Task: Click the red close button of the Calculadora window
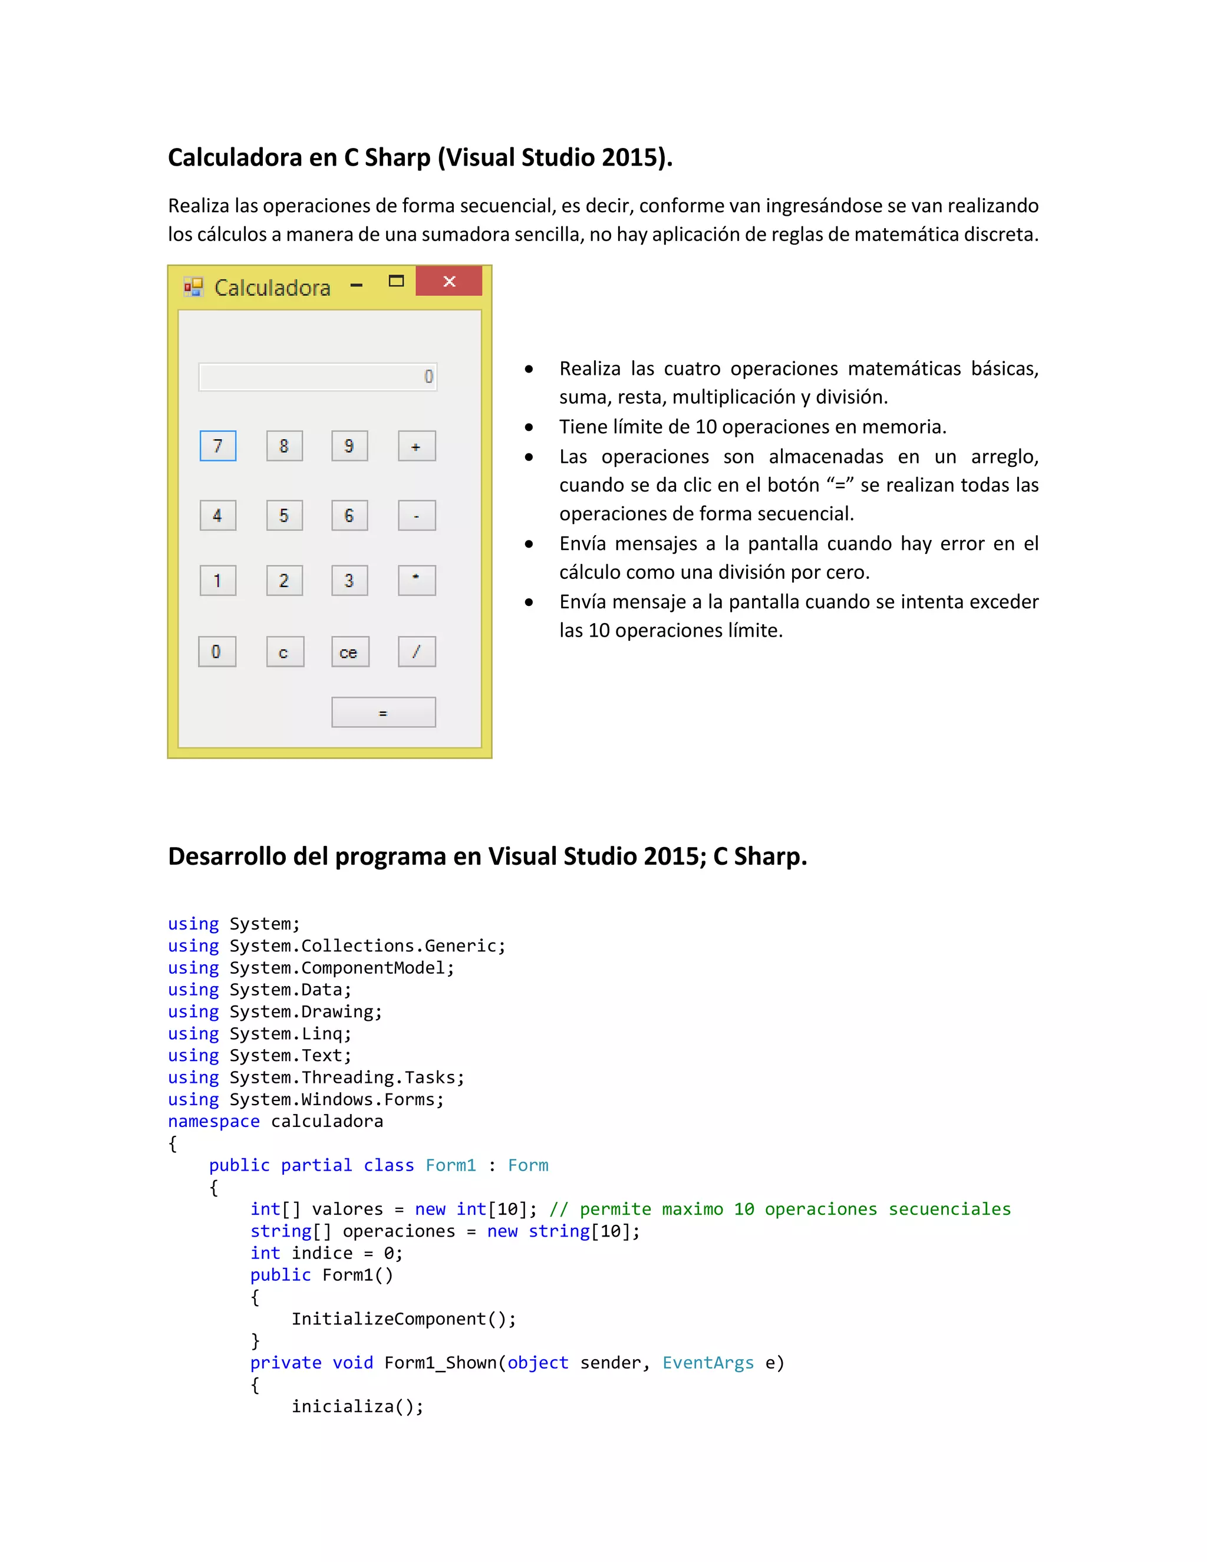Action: (x=449, y=281)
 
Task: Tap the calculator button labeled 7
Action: (x=218, y=446)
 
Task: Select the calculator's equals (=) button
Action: (x=383, y=713)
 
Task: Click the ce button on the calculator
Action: (x=349, y=651)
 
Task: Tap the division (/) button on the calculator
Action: (x=417, y=651)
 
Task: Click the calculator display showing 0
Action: (x=318, y=377)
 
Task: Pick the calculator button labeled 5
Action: (x=285, y=516)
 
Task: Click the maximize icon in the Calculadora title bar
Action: (x=396, y=281)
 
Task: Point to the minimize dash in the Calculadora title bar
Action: (x=357, y=285)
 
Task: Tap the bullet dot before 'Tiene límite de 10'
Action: (x=529, y=428)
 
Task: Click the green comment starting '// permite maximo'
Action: (x=779, y=1210)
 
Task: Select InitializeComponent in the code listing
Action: (x=388, y=1319)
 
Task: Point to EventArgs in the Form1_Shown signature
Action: (x=708, y=1362)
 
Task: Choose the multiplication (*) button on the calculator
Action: (x=417, y=580)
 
